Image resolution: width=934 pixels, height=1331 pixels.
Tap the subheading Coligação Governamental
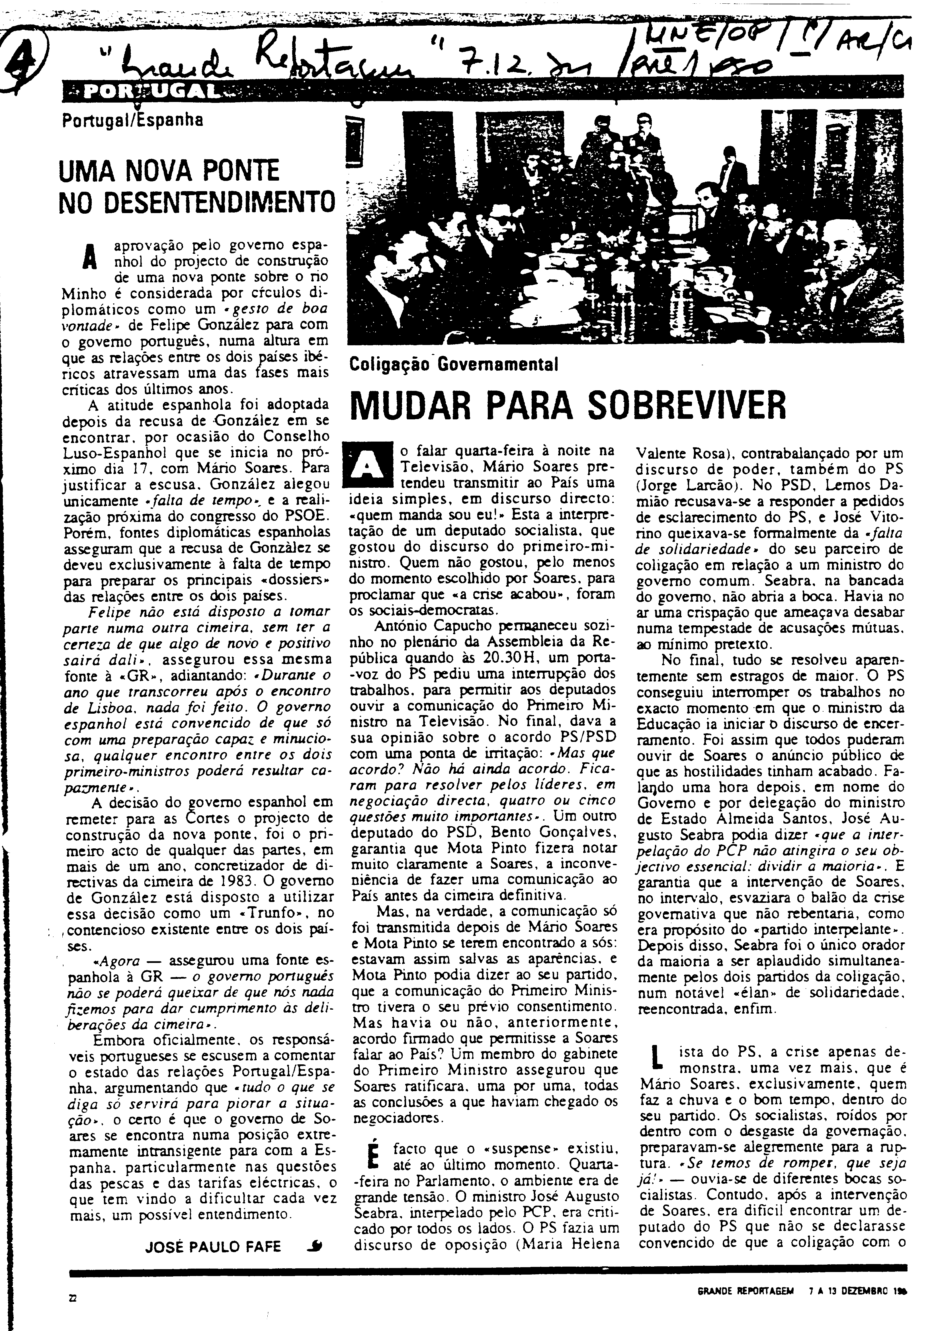[x=454, y=364]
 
